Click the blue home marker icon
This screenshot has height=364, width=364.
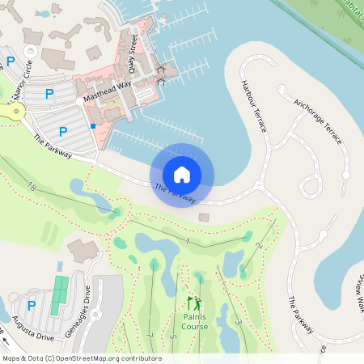pyautogui.click(x=181, y=174)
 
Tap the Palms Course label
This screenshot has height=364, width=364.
pyautogui.click(x=194, y=322)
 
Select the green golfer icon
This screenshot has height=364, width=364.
pyautogui.click(x=194, y=303)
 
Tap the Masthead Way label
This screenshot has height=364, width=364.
pyautogui.click(x=107, y=91)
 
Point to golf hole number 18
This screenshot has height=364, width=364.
pyautogui.click(x=32, y=187)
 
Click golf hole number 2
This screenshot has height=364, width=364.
pyautogui.click(x=259, y=245)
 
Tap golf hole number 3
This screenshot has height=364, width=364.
pyautogui.click(x=237, y=322)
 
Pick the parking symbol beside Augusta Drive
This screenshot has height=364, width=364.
pyautogui.click(x=32, y=305)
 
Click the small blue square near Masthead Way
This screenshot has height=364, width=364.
pyautogui.click(x=94, y=126)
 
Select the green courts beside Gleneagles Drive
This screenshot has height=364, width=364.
pyautogui.click(x=59, y=295)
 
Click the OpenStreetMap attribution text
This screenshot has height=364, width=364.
pyautogui.click(x=82, y=358)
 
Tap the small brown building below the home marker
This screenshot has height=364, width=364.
pyautogui.click(x=203, y=217)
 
